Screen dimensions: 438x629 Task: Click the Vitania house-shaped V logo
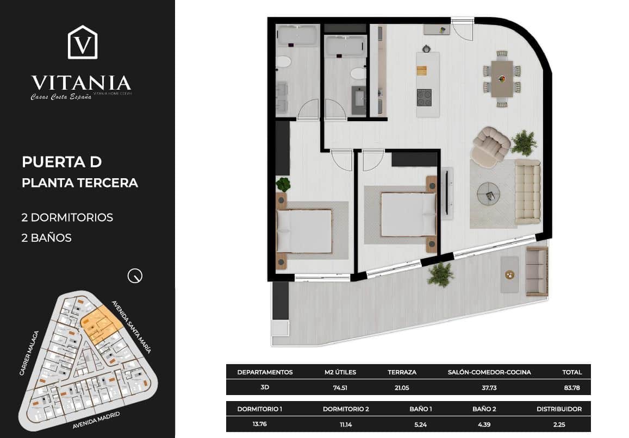point(83,42)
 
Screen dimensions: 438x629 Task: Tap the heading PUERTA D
point(62,162)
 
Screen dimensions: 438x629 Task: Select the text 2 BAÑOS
point(47,237)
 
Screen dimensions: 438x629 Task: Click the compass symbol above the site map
point(134,276)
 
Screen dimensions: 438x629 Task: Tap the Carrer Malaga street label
point(29,353)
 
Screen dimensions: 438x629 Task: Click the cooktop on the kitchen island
point(424,97)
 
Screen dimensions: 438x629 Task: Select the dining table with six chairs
point(502,78)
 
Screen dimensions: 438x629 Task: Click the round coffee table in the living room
point(489,193)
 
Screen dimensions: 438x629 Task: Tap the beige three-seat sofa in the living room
point(527,191)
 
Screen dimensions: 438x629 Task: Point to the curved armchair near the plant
point(490,146)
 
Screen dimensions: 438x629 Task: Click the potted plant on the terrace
point(440,274)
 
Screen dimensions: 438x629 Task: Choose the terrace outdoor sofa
point(537,270)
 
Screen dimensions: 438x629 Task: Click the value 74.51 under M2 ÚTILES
point(340,388)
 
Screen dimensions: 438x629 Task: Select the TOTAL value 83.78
point(572,388)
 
